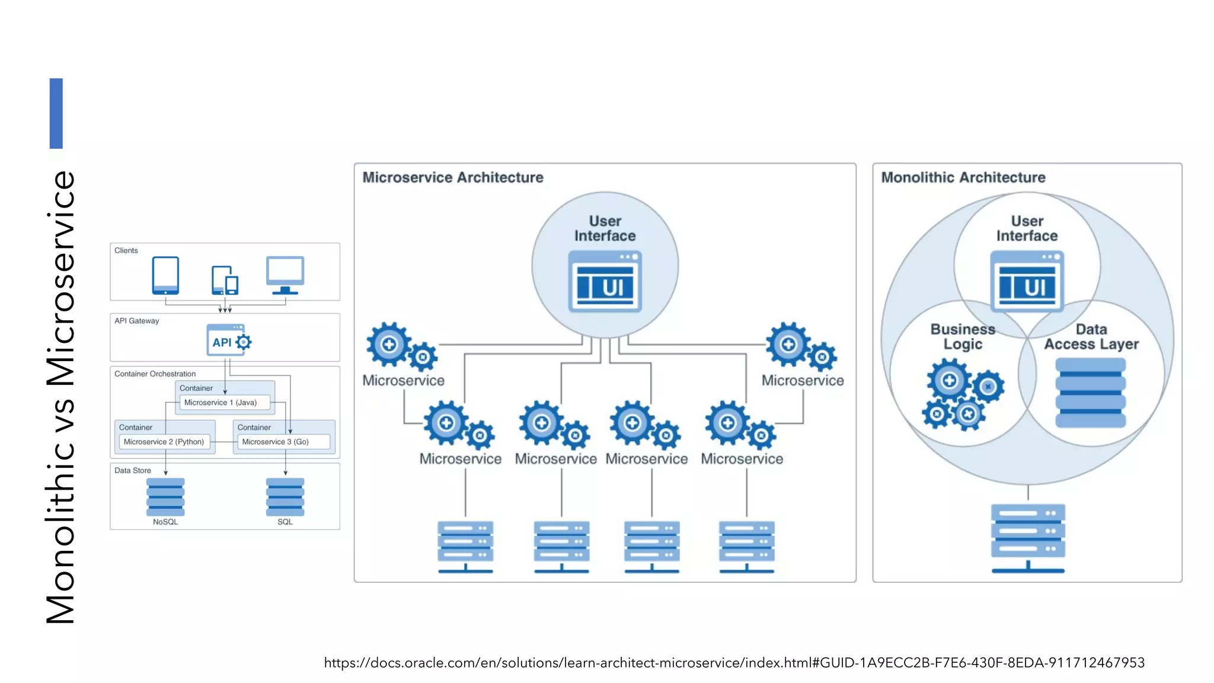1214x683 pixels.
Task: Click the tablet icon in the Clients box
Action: [165, 275]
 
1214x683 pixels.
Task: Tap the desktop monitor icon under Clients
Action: [285, 275]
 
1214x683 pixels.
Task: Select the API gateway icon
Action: [228, 340]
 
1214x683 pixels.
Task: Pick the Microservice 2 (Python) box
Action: [164, 442]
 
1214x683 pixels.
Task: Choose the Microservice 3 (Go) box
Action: [283, 442]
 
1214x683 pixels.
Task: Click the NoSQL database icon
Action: [165, 497]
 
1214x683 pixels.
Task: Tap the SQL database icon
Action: [285, 497]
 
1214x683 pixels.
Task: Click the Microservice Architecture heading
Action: [453, 177]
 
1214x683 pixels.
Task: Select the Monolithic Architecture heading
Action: [963, 177]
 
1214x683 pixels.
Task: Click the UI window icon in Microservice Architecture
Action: [605, 282]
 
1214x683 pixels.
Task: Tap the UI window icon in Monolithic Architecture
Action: [1027, 282]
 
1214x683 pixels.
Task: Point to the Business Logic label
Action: [963, 336]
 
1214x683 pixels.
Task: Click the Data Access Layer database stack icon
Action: [1090, 392]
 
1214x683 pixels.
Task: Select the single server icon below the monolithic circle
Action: [1028, 537]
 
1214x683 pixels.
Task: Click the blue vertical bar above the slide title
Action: [56, 113]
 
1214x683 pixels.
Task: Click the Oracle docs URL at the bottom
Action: [734, 662]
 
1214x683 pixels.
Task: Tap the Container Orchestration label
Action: [155, 374]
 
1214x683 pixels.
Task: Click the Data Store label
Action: [133, 470]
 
